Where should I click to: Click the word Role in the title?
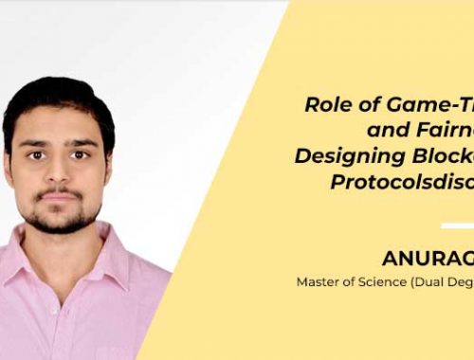pyautogui.click(x=325, y=105)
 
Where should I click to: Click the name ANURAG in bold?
pyautogui.click(x=427, y=258)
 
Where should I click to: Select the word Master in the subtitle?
pyautogui.click(x=318, y=281)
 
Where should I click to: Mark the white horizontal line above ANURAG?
pyautogui.click(x=457, y=225)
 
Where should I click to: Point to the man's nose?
pyautogui.click(x=59, y=169)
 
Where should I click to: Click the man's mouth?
pyautogui.click(x=60, y=196)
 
